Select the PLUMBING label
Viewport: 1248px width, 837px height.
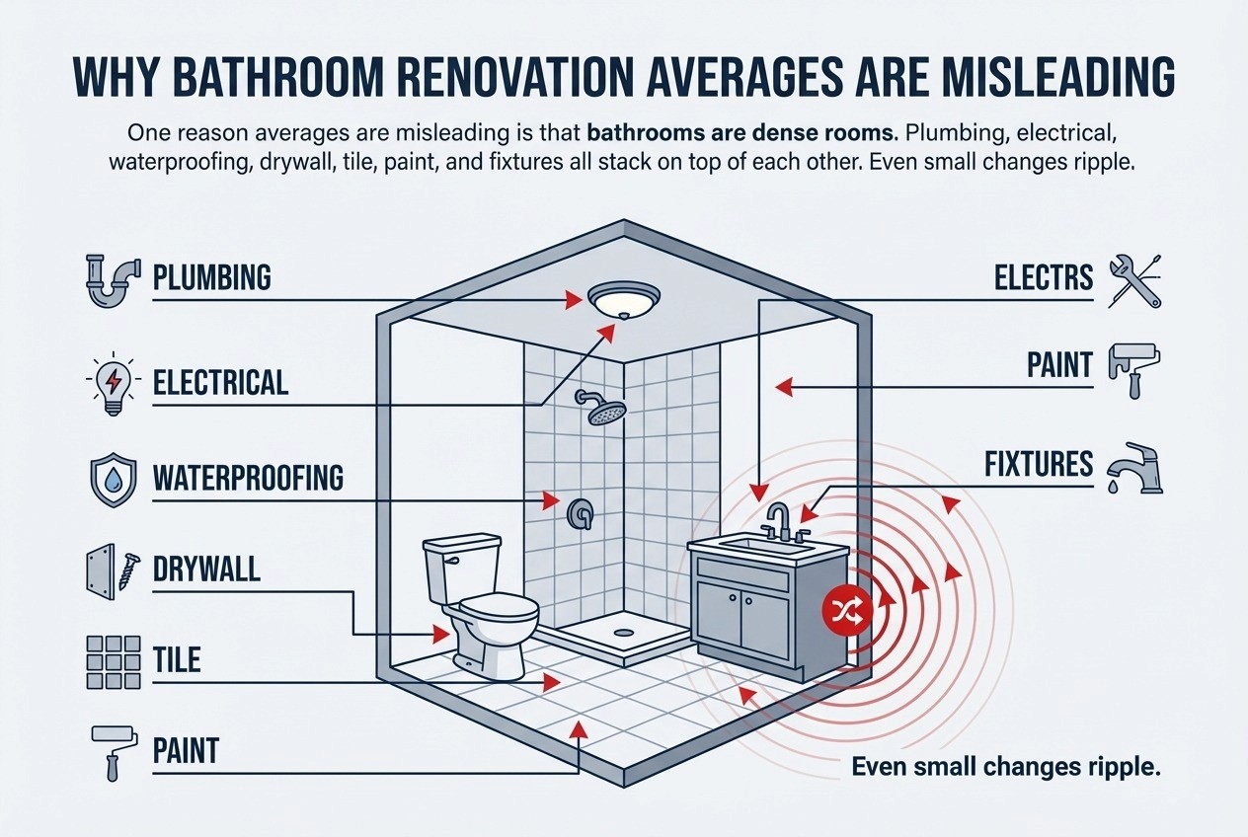tap(211, 278)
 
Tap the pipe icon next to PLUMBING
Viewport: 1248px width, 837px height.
tap(110, 279)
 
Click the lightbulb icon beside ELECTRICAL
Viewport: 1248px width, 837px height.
tap(109, 381)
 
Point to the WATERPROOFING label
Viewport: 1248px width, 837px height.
tap(248, 479)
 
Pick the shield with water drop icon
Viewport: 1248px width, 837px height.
tap(109, 479)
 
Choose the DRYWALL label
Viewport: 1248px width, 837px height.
tap(206, 569)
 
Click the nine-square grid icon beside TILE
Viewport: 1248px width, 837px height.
tap(109, 661)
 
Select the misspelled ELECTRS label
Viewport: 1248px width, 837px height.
tap(1043, 278)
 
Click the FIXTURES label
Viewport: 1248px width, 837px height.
tap(1039, 463)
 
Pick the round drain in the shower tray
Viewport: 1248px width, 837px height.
tap(623, 632)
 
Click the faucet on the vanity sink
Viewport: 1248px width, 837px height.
tap(780, 521)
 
